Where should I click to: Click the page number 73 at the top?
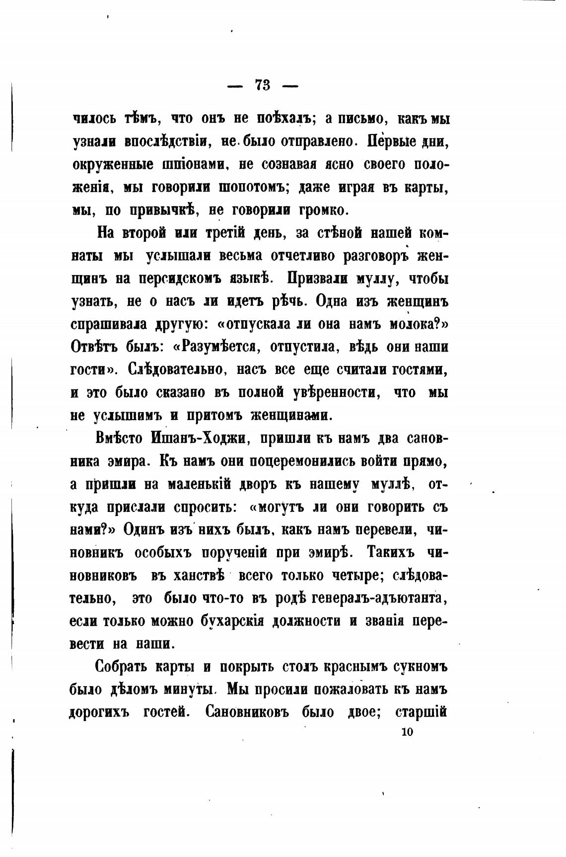263,85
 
